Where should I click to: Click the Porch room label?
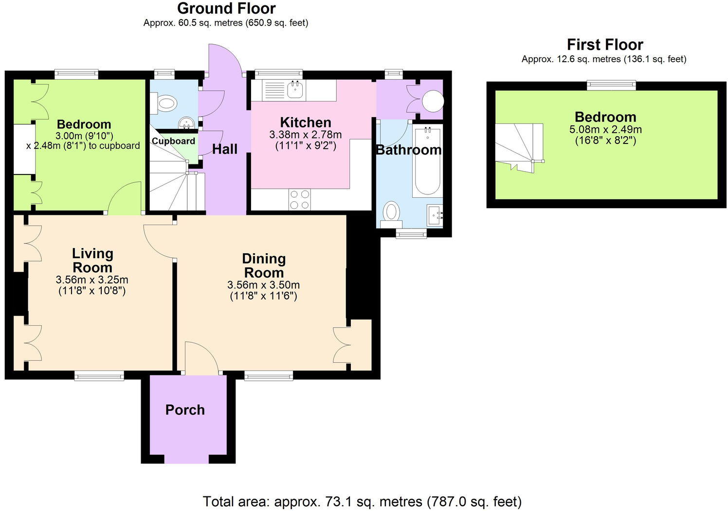tap(185, 410)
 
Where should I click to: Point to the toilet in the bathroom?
tap(391, 213)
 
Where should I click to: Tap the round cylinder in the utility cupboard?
tap(432, 101)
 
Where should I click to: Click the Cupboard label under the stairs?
tap(173, 141)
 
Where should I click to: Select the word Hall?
tap(225, 149)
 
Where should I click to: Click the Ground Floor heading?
tap(226, 8)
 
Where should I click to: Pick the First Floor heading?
tap(605, 45)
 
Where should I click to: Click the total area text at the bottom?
tap(362, 501)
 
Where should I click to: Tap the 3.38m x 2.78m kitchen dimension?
tap(306, 135)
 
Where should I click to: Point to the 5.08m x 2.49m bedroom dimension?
tap(605, 130)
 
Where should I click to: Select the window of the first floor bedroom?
tap(611, 86)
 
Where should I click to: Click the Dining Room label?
tap(264, 265)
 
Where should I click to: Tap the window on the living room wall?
tap(99, 375)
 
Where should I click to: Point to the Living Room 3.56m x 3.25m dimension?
tap(92, 280)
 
